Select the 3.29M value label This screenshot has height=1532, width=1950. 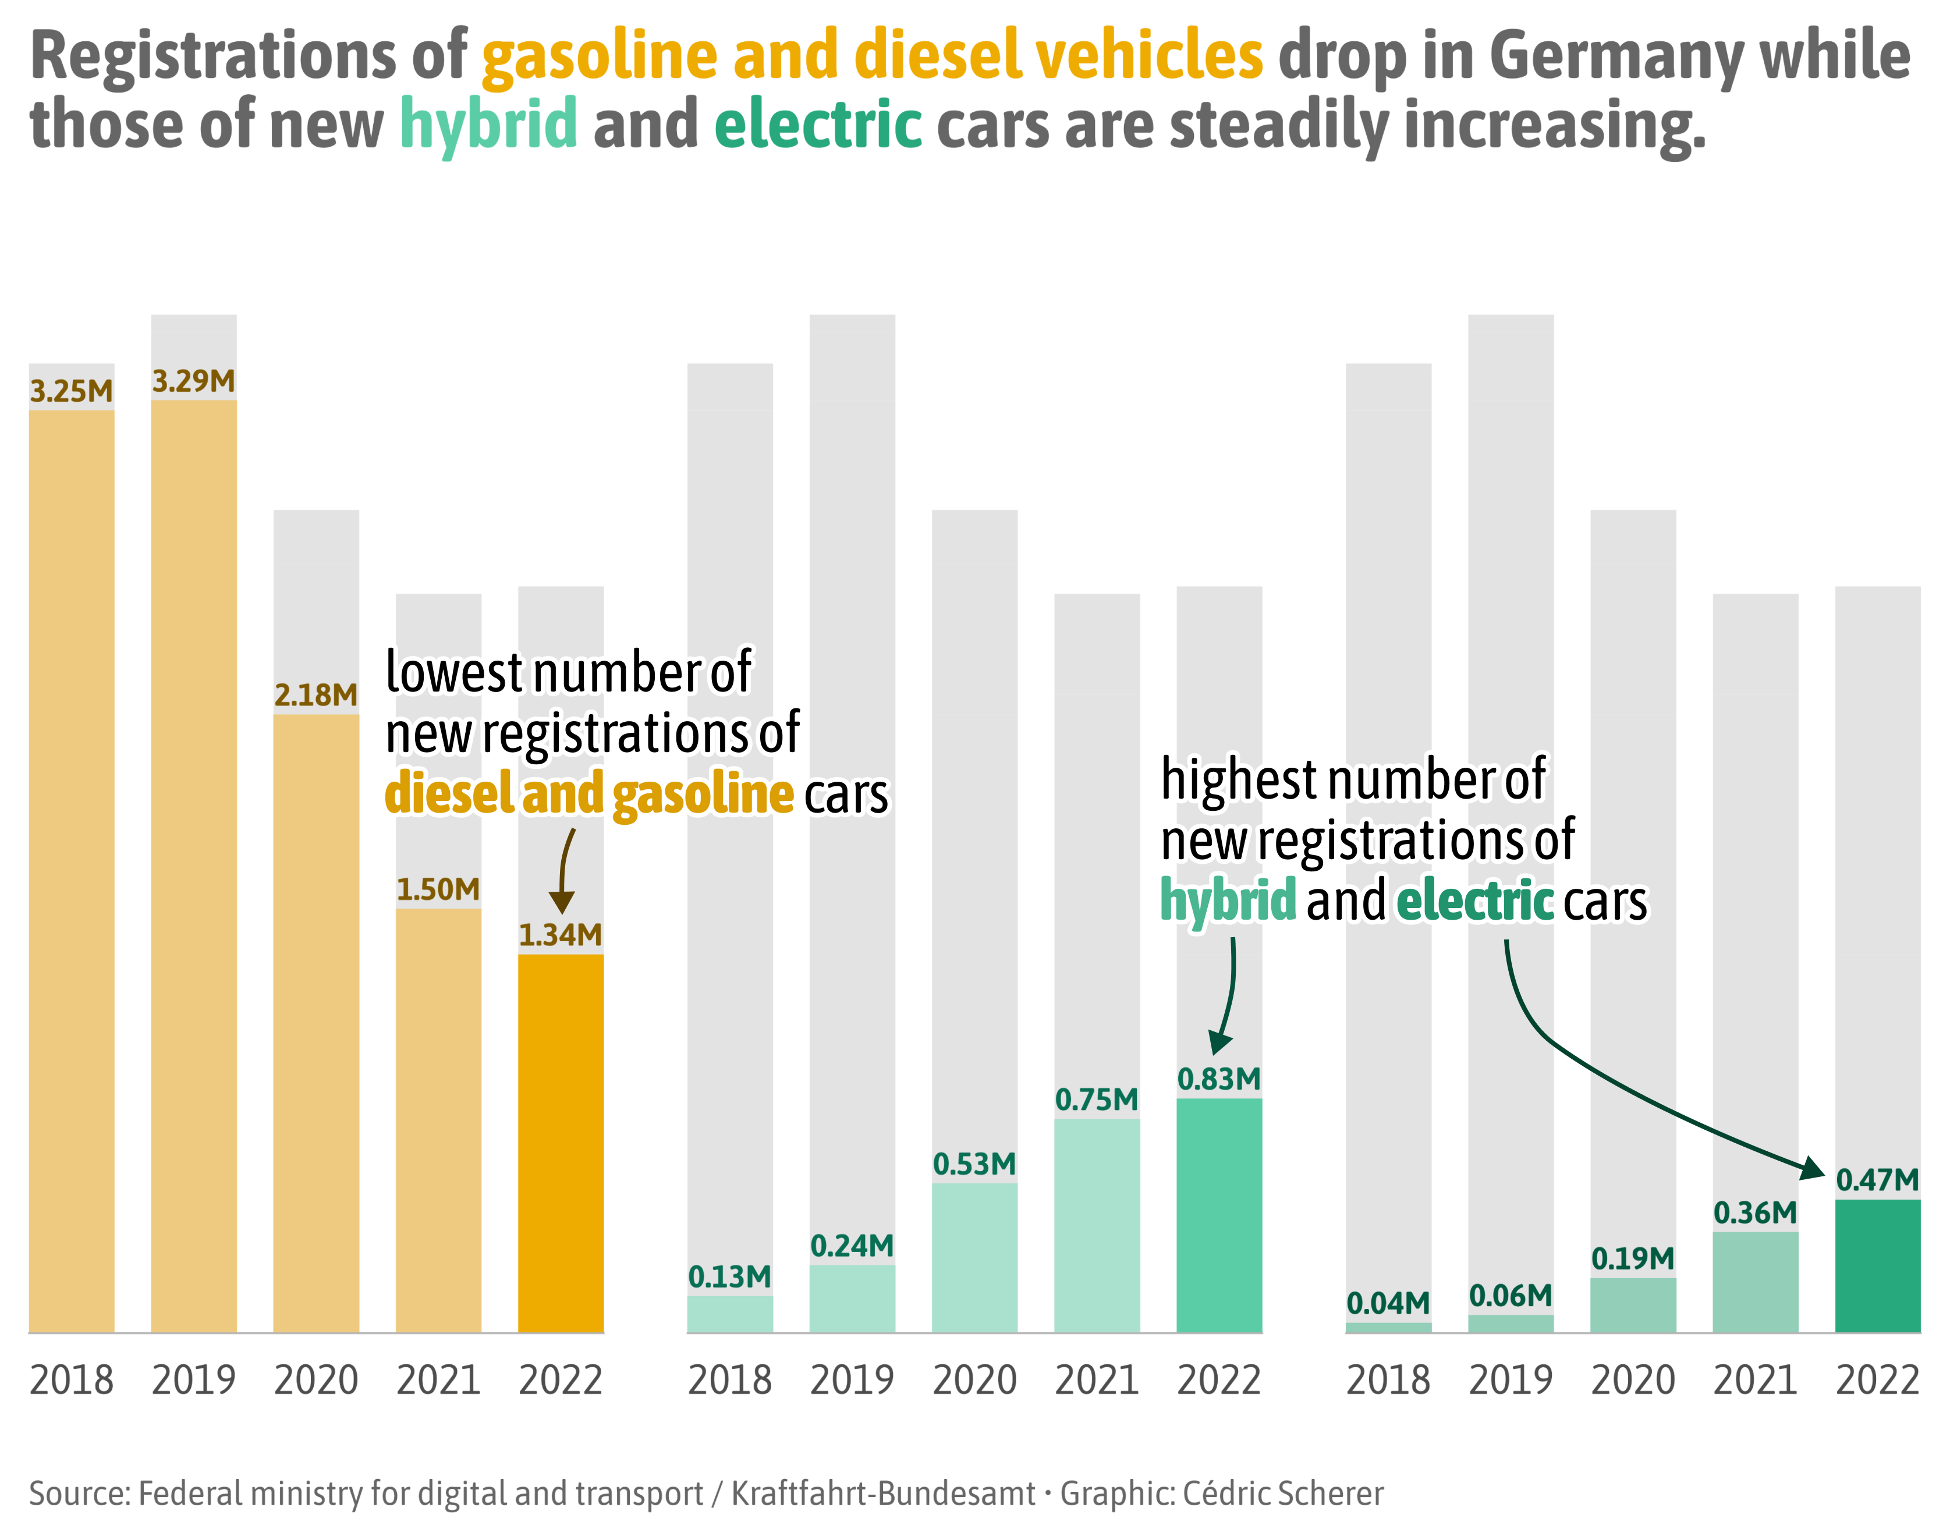(x=194, y=381)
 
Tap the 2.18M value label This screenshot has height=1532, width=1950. (x=315, y=695)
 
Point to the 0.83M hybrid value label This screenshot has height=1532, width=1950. (x=1219, y=1079)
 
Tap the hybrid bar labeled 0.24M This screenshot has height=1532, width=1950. (x=852, y=1298)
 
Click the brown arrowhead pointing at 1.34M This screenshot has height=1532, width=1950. (x=562, y=902)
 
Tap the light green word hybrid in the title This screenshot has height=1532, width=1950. (x=488, y=124)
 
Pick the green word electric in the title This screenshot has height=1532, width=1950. (x=818, y=124)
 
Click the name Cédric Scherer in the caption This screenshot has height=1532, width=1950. (x=1283, y=1494)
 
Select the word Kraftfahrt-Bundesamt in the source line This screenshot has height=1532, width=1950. (x=884, y=1494)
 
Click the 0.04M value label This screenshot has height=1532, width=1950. (x=1388, y=1303)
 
